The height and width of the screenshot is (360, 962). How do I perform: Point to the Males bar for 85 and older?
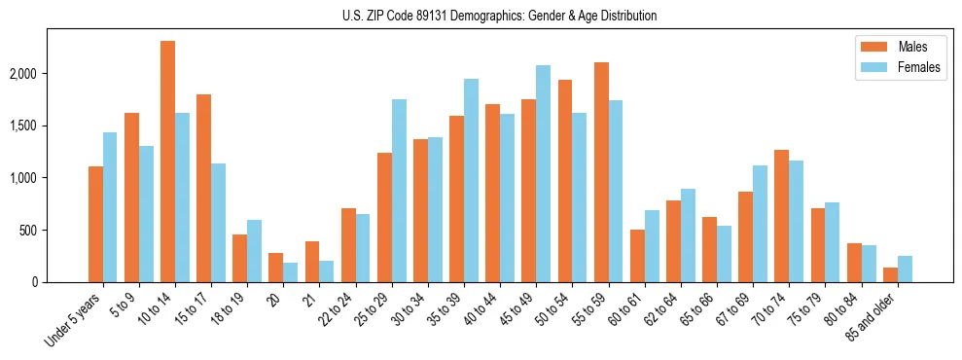(890, 275)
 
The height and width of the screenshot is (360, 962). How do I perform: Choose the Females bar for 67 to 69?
(760, 224)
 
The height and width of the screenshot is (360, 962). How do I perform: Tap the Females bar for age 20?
(291, 272)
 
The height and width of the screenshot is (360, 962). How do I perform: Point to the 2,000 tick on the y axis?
(48, 74)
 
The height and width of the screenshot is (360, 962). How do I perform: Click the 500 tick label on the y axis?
(55, 231)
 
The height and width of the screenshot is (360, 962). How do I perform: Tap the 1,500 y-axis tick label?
(48, 126)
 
